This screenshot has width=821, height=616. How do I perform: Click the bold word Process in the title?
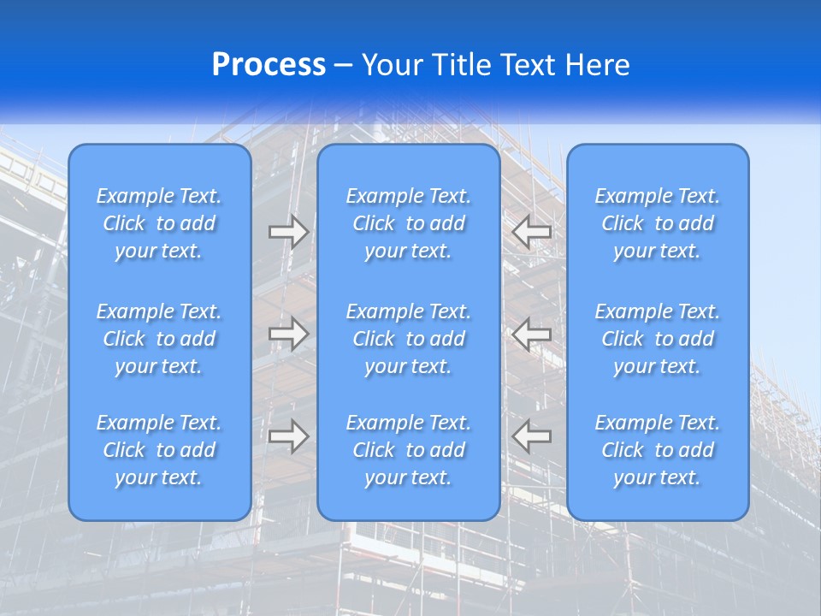[x=269, y=65]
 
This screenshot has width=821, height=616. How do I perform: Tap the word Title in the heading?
[x=460, y=65]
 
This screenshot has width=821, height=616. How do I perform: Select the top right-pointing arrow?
[x=288, y=232]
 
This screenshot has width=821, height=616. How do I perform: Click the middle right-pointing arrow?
[x=288, y=333]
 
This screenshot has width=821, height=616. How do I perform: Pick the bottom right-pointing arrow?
[x=288, y=436]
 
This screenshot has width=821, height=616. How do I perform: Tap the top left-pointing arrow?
[x=531, y=232]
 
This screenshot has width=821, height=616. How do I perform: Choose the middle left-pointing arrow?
[x=531, y=333]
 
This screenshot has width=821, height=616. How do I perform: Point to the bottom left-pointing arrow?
[x=531, y=436]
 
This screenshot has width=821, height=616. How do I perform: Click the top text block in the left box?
[x=159, y=223]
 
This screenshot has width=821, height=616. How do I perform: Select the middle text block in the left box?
[x=159, y=339]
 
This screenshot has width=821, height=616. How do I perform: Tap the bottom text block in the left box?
[x=159, y=450]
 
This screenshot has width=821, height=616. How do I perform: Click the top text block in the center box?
[x=409, y=223]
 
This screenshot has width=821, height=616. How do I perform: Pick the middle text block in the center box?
[x=409, y=339]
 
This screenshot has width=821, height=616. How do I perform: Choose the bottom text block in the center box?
[x=409, y=450]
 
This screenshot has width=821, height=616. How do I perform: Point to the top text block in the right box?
[x=658, y=223]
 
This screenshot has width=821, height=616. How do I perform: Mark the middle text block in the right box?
[x=658, y=339]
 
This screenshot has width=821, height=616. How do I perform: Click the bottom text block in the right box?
[x=658, y=450]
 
